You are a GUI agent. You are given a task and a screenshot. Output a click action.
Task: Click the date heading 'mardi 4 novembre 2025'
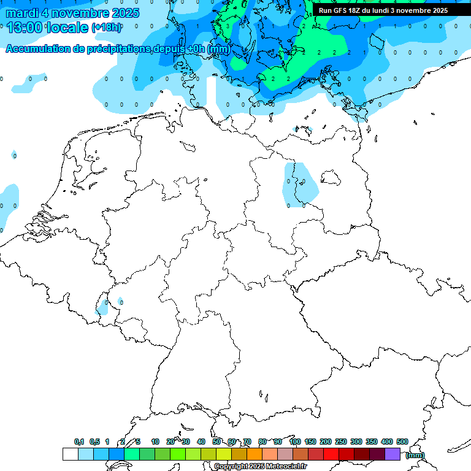tap(72, 13)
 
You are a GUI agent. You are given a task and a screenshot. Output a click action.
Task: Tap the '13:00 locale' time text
tap(48, 28)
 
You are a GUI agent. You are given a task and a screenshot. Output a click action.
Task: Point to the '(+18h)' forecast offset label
tap(106, 28)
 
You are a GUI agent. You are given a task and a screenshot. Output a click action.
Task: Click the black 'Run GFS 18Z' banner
tap(383, 10)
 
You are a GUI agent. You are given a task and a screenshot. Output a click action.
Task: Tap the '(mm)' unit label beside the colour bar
tap(415, 455)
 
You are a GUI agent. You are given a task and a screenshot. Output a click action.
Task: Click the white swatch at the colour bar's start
tap(70, 454)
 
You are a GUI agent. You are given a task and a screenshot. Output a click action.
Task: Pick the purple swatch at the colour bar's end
tap(392, 454)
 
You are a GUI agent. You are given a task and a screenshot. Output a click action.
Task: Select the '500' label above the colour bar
tap(402, 442)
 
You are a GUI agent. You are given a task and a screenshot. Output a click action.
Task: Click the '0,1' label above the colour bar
tap(79, 442)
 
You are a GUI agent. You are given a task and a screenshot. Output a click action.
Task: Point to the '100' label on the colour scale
tap(294, 442)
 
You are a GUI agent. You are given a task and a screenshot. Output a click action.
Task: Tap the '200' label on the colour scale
tap(326, 442)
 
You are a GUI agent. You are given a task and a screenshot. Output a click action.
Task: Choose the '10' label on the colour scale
tap(155, 442)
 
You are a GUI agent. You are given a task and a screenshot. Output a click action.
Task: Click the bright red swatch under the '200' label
tap(331, 454)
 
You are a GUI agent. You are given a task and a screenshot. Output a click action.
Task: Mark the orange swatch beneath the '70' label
tap(255, 454)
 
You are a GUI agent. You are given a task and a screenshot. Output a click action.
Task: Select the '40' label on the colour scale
tap(201, 442)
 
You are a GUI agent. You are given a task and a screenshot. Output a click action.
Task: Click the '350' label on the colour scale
tap(372, 442)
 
